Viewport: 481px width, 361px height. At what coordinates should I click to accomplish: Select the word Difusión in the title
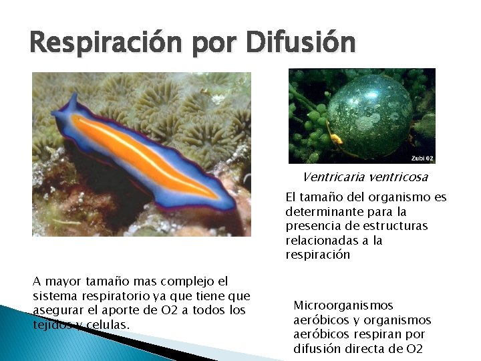(301, 43)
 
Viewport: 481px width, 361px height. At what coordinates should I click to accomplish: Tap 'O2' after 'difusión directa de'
(415, 349)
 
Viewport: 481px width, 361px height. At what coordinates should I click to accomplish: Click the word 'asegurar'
(55, 310)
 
